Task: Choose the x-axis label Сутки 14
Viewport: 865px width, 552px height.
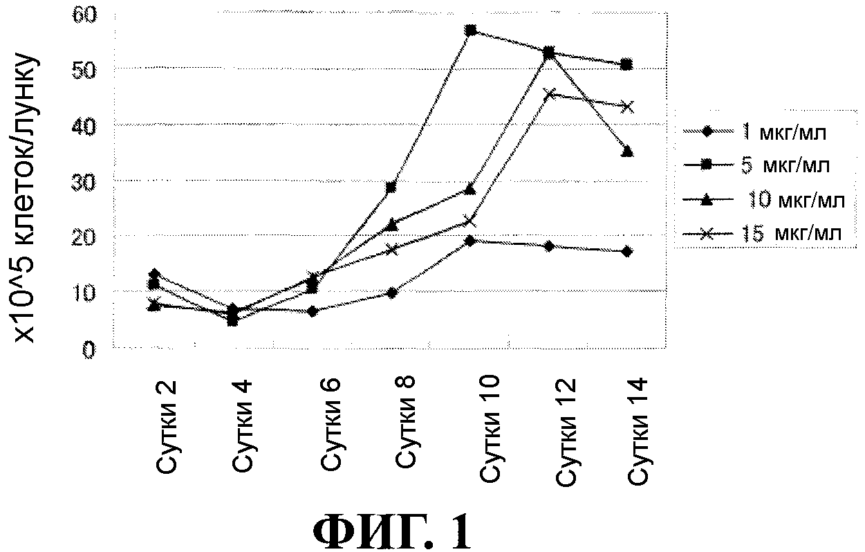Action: tap(636, 431)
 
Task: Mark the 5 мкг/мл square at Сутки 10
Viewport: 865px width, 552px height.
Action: tap(471, 30)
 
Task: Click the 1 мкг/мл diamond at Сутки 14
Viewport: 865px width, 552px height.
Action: tap(626, 252)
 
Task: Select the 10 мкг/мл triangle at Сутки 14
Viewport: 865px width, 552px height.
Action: tap(627, 151)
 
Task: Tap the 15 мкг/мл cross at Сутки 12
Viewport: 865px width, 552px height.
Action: tap(550, 93)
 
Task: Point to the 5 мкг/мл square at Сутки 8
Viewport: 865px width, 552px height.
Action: tap(391, 187)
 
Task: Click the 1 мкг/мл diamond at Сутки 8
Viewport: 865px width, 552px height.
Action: tap(391, 293)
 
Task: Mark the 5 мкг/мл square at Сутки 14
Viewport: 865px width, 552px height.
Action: tap(626, 65)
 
